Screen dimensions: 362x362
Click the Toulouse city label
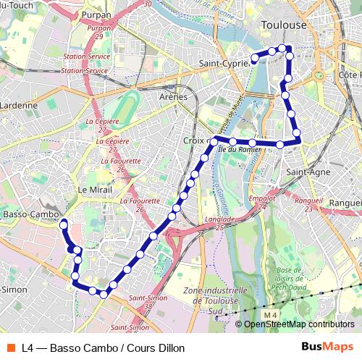[x=283, y=25]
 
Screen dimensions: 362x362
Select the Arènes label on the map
[x=173, y=96]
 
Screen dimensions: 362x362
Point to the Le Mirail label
[x=93, y=189]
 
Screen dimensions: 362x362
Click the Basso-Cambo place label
[x=30, y=215]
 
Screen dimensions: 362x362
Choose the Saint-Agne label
[x=308, y=172]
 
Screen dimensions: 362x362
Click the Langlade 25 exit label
[x=220, y=222]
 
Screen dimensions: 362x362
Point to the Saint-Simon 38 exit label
[x=143, y=302]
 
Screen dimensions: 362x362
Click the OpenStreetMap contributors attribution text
[x=299, y=324]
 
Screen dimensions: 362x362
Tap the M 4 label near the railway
[x=270, y=315]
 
